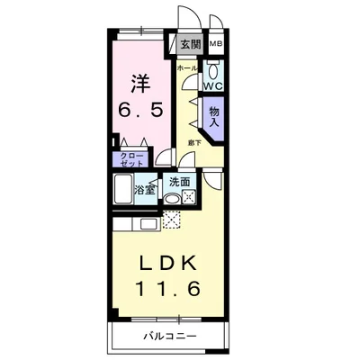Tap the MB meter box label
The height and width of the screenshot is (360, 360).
pos(216,43)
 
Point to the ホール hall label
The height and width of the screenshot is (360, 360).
pos(187,67)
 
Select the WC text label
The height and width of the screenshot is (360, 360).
pos(212,86)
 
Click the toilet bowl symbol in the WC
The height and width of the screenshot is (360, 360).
pos(214,70)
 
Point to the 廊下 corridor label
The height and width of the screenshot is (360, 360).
pos(194,141)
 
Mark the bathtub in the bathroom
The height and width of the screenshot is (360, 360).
pos(122,190)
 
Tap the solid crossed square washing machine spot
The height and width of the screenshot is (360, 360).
pos(188,197)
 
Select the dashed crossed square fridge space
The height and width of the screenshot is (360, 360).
pos(172,220)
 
